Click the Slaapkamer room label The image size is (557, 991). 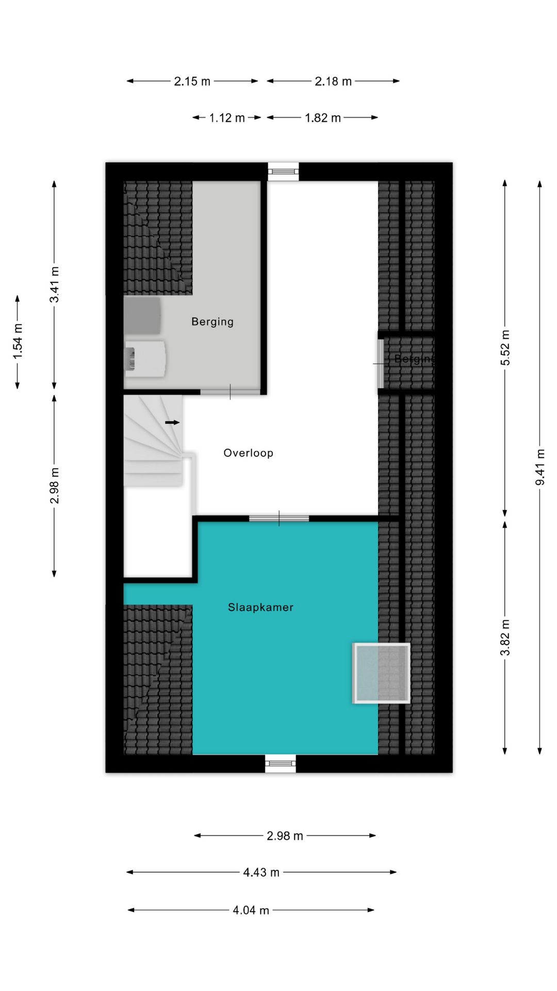260,608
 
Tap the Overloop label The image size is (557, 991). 248,453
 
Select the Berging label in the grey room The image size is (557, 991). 212,322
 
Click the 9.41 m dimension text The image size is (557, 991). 540,467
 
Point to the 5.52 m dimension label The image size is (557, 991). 505,348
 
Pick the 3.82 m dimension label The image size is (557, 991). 505,638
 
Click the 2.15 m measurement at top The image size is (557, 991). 192,81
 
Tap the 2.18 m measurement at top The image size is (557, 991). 333,81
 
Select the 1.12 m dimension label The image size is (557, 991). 227,118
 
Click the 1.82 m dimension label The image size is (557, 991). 323,118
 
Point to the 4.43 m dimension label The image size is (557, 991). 261,872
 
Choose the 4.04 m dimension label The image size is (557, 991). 251,910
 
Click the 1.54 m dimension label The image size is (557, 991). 18,341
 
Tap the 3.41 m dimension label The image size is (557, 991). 55,285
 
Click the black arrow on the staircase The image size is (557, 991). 172,422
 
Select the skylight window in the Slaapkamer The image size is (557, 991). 381,673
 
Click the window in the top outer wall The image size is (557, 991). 283,171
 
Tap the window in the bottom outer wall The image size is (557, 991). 281,763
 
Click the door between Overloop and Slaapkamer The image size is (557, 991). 279,518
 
